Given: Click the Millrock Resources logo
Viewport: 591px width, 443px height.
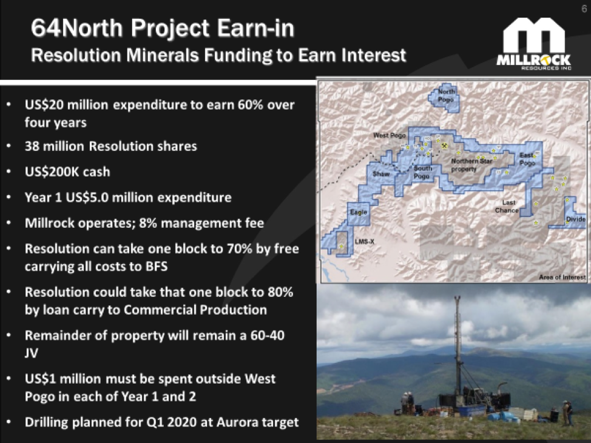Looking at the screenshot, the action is coord(533,44).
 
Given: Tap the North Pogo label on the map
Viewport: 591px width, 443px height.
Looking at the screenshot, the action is coord(446,95).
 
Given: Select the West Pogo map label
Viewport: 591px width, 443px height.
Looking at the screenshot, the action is coord(390,135).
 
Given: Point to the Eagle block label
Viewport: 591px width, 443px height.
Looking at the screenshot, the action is coord(358,212).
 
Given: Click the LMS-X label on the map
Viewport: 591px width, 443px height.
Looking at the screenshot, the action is coord(364,241).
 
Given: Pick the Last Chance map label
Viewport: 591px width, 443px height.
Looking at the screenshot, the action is coord(507,206).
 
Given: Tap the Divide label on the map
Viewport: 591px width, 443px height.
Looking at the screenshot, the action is coord(576,219).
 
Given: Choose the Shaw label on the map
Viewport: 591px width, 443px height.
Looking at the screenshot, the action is coord(380,174).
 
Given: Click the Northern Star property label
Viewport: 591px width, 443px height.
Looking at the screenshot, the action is coord(471,165).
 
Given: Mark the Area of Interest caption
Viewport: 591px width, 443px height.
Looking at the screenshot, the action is coord(562,277).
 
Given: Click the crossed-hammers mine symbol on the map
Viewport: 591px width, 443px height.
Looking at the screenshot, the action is coord(445,145).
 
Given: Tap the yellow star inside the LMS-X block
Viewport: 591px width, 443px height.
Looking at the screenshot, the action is coord(341,246).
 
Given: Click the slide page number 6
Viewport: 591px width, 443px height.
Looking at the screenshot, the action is coord(584,8).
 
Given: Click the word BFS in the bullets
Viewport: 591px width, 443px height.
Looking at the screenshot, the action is coord(157,267).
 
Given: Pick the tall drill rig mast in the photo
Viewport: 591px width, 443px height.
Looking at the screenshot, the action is coord(458,346).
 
